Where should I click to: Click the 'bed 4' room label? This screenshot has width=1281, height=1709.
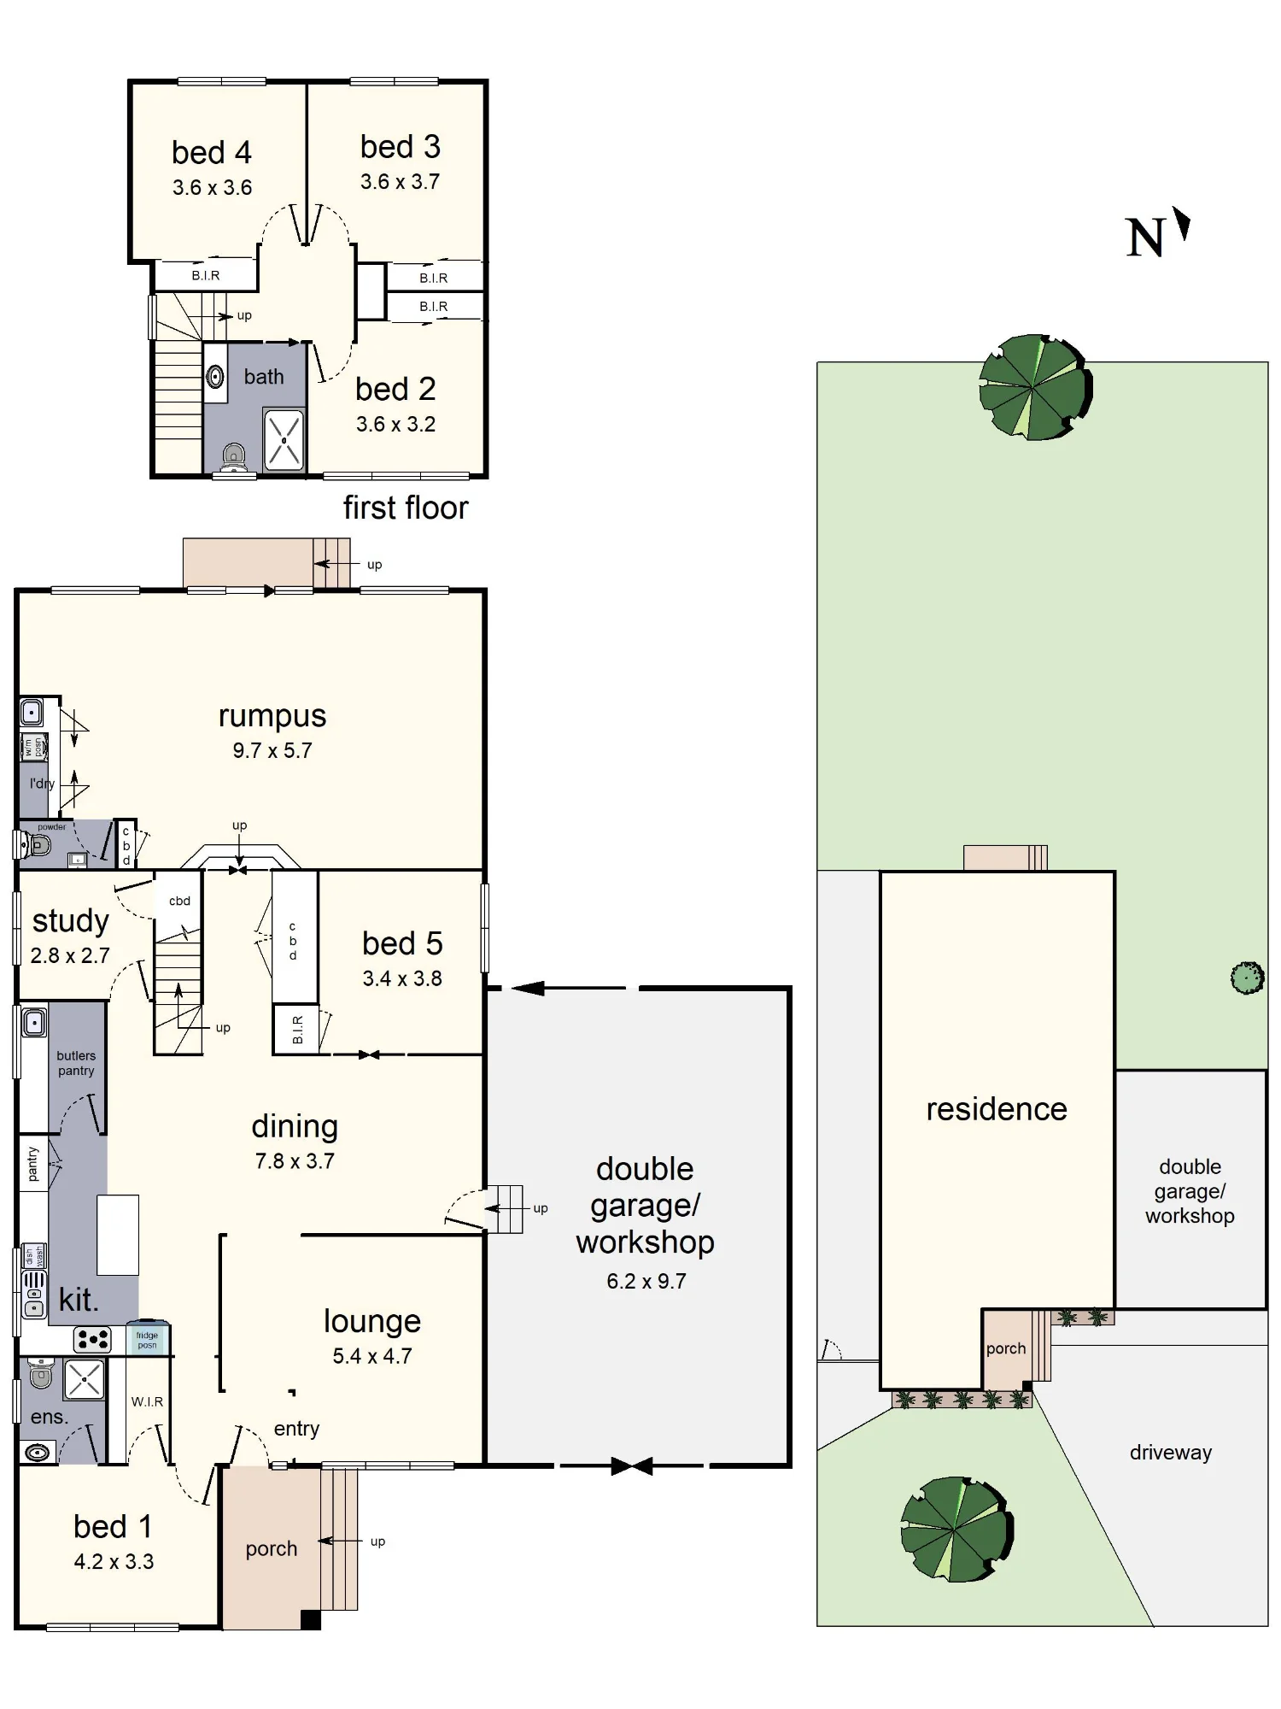click(211, 153)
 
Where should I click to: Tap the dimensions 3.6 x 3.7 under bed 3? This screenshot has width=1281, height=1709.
click(400, 182)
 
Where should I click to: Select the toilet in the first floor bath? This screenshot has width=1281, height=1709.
click(233, 457)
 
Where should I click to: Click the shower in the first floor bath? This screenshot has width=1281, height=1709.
click(284, 440)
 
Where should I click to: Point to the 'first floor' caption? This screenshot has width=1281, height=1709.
click(406, 508)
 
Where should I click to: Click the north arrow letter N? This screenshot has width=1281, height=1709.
click(1145, 238)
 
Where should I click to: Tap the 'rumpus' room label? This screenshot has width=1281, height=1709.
click(272, 716)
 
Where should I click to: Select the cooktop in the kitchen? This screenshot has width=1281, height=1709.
click(92, 1339)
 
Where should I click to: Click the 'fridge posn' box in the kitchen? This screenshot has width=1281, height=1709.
click(148, 1339)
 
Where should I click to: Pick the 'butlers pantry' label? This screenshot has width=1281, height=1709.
click(76, 1063)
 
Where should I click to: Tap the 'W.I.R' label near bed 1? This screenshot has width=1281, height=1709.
click(147, 1401)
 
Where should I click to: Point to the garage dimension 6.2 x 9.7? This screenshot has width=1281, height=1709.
click(646, 1281)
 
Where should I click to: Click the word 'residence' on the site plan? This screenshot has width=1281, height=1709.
click(997, 1109)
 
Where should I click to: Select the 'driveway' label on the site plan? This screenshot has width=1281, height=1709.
click(1171, 1453)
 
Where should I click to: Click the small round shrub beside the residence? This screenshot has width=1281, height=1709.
click(1248, 978)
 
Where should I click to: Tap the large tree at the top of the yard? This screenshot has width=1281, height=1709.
click(1035, 387)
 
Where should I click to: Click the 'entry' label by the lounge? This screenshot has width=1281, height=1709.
click(296, 1429)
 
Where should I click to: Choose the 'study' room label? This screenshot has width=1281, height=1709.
click(71, 921)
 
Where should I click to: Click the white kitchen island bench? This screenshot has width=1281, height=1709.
click(118, 1235)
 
